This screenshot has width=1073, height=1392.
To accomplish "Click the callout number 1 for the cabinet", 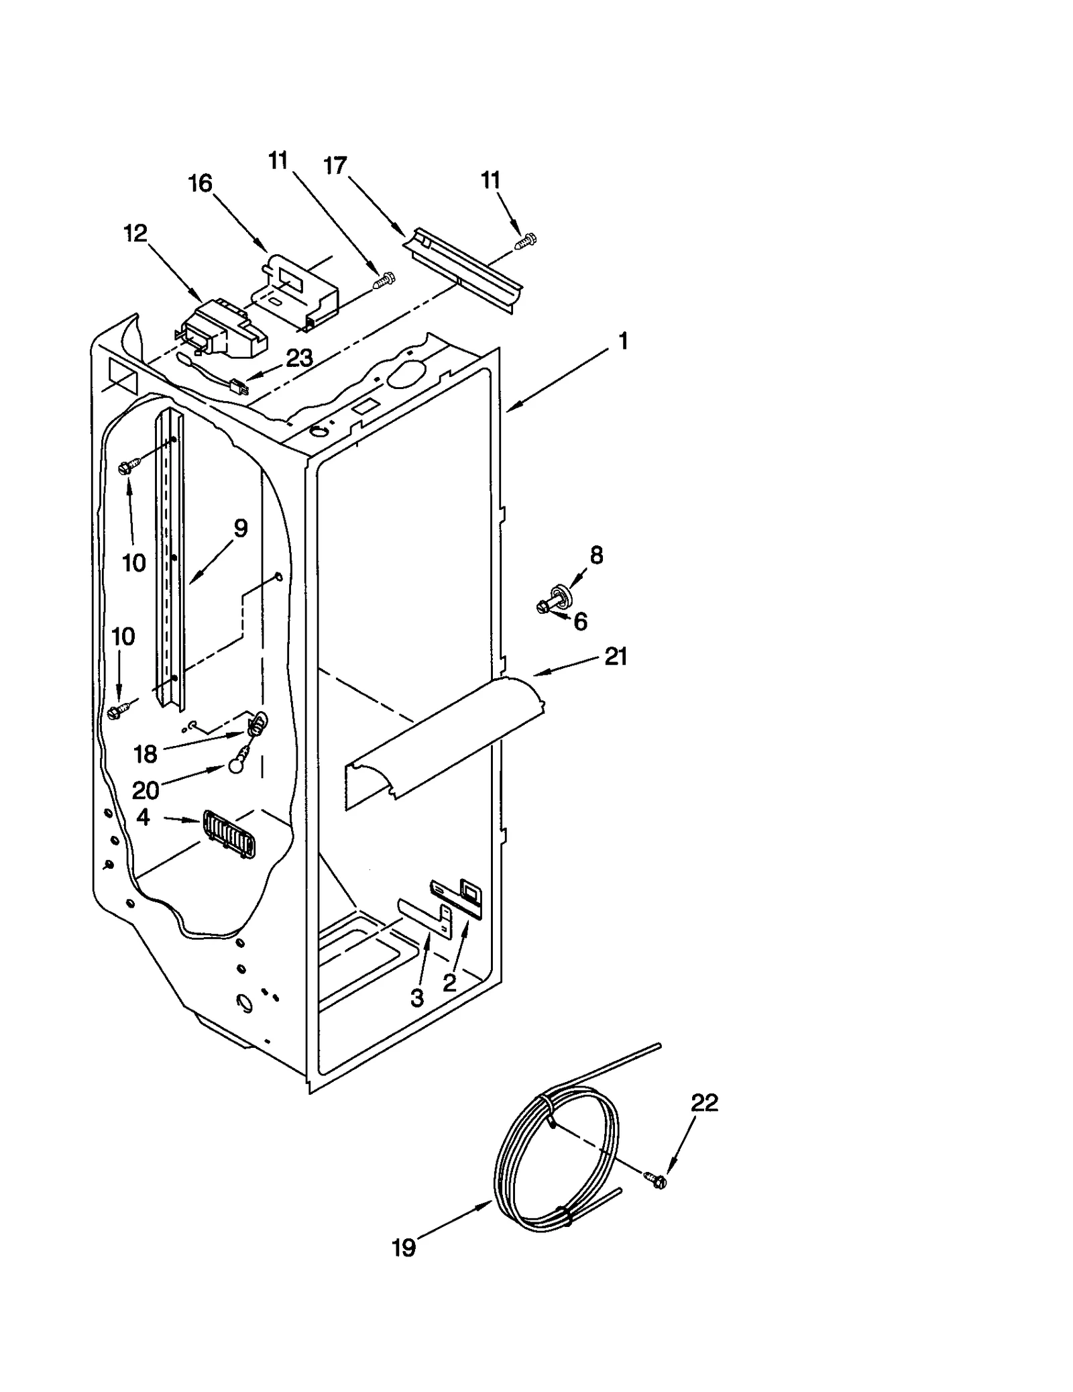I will [623, 341].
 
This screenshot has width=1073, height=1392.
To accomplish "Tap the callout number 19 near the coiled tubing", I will [404, 1248].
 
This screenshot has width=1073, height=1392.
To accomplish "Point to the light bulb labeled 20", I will [235, 765].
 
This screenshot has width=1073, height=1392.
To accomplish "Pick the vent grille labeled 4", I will [229, 835].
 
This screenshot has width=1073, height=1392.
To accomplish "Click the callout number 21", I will [616, 657].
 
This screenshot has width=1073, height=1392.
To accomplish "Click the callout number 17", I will [335, 165].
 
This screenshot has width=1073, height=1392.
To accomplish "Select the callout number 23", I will [299, 359].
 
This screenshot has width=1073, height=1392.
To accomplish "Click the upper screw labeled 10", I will [129, 466].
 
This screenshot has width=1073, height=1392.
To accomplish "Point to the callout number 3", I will [417, 998].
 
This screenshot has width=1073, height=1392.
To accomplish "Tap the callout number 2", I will [449, 983].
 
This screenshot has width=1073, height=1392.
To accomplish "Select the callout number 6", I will [580, 622].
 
